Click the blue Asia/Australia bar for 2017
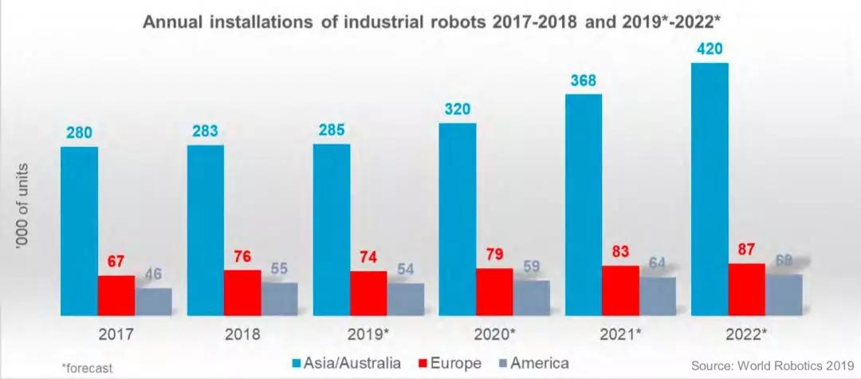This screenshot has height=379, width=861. point(79,231)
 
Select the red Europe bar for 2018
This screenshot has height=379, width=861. point(242,293)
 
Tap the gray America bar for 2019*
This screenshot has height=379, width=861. point(405,299)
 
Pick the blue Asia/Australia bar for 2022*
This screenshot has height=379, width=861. point(710,190)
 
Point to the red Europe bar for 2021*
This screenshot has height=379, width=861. point(620,290)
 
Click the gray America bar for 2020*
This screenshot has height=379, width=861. point(531,298)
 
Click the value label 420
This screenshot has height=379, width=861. point(710,49)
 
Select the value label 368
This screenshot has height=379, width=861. point(583,81)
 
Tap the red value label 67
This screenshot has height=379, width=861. point(116,262)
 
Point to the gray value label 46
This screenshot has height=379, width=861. point(153,274)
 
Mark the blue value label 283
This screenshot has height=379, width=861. point(206,132)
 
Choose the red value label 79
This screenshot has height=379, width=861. point(494,255)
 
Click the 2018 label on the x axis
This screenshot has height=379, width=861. point(242,334)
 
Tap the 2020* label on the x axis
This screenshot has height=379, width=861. point(494,334)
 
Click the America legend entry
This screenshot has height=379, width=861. point(533,363)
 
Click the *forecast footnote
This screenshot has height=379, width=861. point(88,368)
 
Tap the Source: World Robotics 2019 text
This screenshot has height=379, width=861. point(773,365)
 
